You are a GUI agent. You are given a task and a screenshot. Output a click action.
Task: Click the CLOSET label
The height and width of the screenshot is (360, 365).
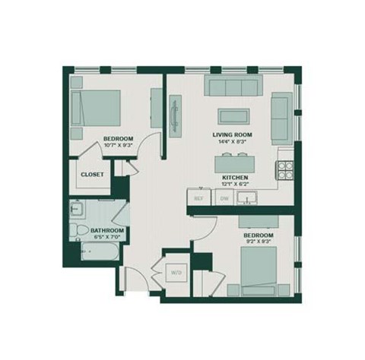coord(93,174)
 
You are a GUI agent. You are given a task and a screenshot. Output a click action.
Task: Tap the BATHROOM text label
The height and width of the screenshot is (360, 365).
coord(106,230)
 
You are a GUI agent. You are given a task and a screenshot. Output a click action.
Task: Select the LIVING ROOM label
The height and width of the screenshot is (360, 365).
coord(232,135)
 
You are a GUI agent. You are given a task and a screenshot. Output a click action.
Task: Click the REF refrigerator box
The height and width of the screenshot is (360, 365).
coord(200,198)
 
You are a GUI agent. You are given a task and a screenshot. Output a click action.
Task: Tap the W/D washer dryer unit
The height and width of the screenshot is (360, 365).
coord(176,271)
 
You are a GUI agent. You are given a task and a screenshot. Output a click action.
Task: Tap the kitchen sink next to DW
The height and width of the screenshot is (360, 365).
coord(246,199)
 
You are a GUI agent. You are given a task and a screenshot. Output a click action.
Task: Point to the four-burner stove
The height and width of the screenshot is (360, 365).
coord(286,169)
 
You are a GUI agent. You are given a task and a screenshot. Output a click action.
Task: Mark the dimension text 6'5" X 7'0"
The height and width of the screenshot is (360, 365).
coord(106,238)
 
